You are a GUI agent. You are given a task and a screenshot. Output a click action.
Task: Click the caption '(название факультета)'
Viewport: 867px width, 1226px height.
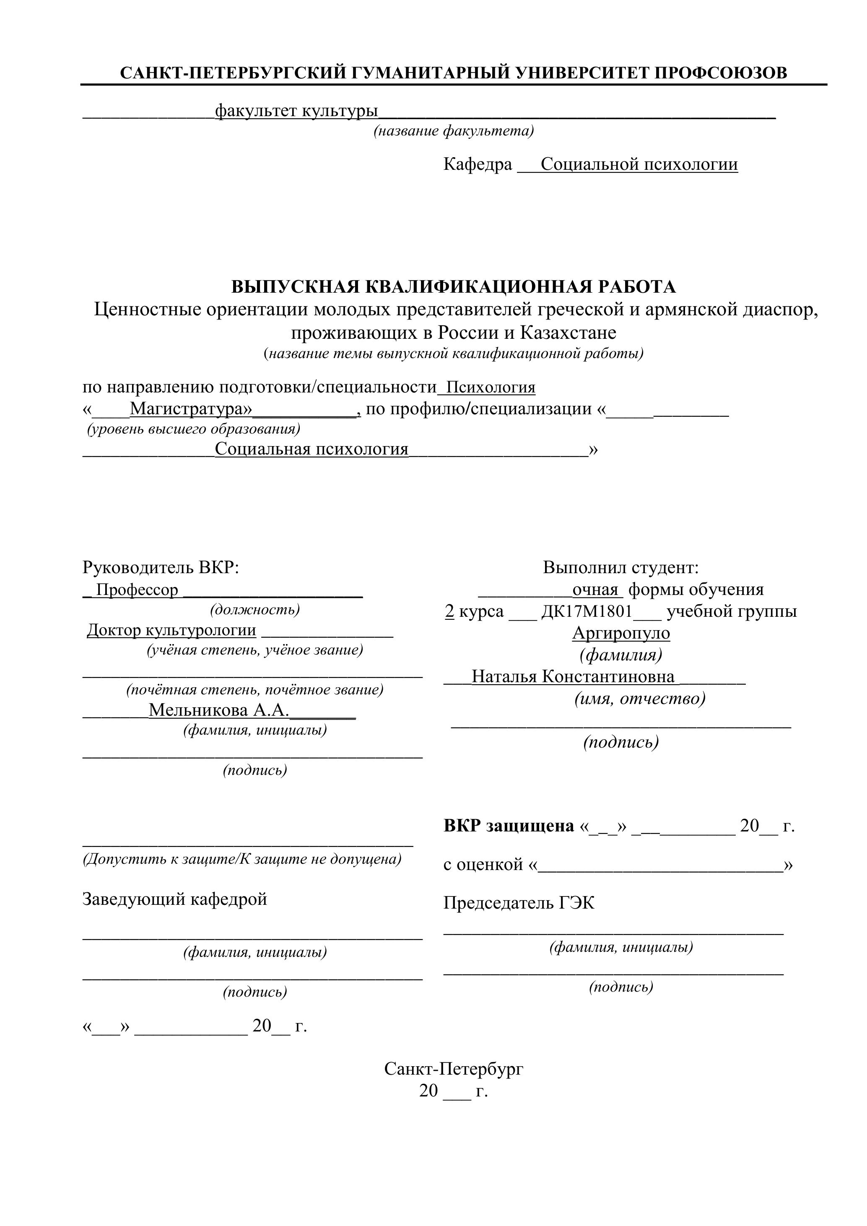[453, 131]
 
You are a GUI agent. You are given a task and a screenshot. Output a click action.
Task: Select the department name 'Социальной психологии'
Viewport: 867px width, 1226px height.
[639, 164]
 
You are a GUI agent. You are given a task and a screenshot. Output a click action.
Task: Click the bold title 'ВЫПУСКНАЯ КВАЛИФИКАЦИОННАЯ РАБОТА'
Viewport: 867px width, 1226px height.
[453, 287]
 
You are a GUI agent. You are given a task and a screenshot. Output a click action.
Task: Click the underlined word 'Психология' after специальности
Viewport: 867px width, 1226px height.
[491, 387]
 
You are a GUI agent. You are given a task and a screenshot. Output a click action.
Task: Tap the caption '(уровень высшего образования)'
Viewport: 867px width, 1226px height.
[193, 429]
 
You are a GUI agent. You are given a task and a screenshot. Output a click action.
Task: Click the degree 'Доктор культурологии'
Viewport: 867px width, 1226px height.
[171, 630]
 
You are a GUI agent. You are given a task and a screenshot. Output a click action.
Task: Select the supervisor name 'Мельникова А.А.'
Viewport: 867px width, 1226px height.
[219, 710]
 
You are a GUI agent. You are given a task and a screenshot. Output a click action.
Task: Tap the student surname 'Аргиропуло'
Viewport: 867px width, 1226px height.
[621, 633]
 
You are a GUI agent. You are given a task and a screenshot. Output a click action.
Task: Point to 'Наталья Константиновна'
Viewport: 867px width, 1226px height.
[573, 677]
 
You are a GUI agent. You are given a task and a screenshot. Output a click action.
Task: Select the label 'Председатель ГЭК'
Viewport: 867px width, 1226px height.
[518, 903]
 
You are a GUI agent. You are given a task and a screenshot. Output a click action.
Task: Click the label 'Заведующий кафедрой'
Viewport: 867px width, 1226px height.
[174, 899]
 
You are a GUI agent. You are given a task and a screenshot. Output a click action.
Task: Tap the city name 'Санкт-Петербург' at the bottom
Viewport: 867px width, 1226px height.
[454, 1068]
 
